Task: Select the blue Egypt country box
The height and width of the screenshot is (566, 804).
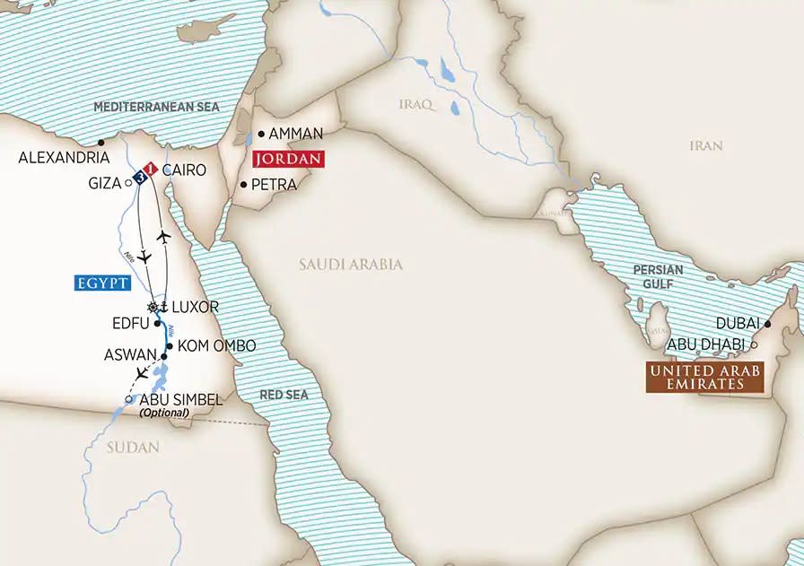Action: tap(99, 283)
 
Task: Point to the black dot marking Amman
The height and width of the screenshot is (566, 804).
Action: tap(261, 134)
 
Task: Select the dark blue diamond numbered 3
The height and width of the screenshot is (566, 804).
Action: tap(142, 177)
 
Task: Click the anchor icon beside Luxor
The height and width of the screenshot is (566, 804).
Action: tap(163, 306)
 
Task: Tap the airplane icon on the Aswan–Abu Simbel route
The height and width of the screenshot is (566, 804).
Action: tap(141, 372)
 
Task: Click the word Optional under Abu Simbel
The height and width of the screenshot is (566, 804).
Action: tap(165, 413)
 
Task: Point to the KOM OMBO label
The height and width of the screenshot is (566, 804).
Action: tap(217, 345)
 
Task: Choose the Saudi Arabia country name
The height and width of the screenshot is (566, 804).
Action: tap(351, 265)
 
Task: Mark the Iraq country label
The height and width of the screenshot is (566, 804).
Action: tap(415, 105)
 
